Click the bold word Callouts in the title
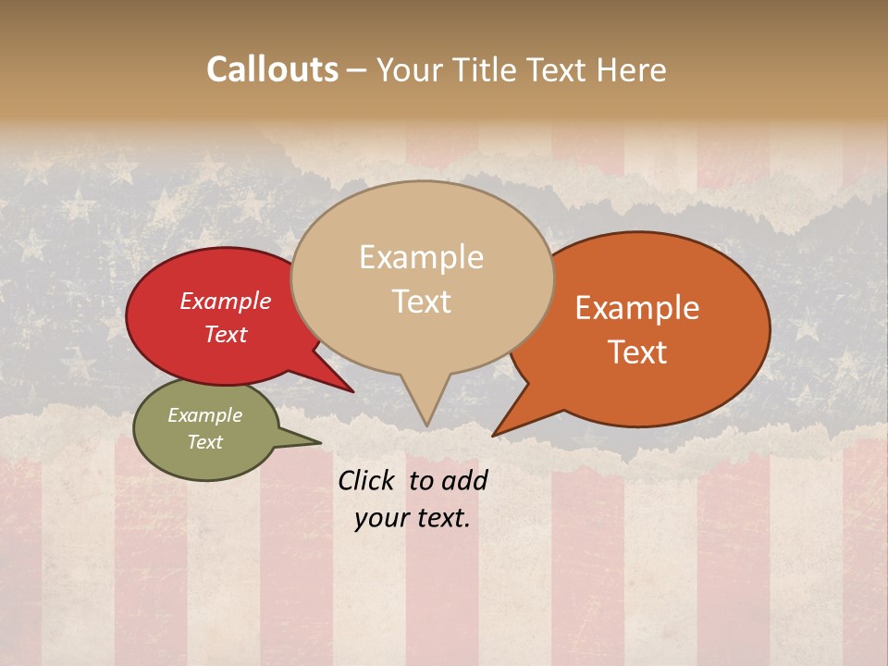(272, 69)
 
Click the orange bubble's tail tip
(495, 434)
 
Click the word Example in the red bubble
(225, 301)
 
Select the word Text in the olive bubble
(204, 442)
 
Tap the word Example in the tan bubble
(421, 257)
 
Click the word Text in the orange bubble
(638, 352)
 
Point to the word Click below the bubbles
(365, 480)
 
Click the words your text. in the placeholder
(413, 518)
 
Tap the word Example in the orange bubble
(637, 308)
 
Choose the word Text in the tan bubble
(422, 302)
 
